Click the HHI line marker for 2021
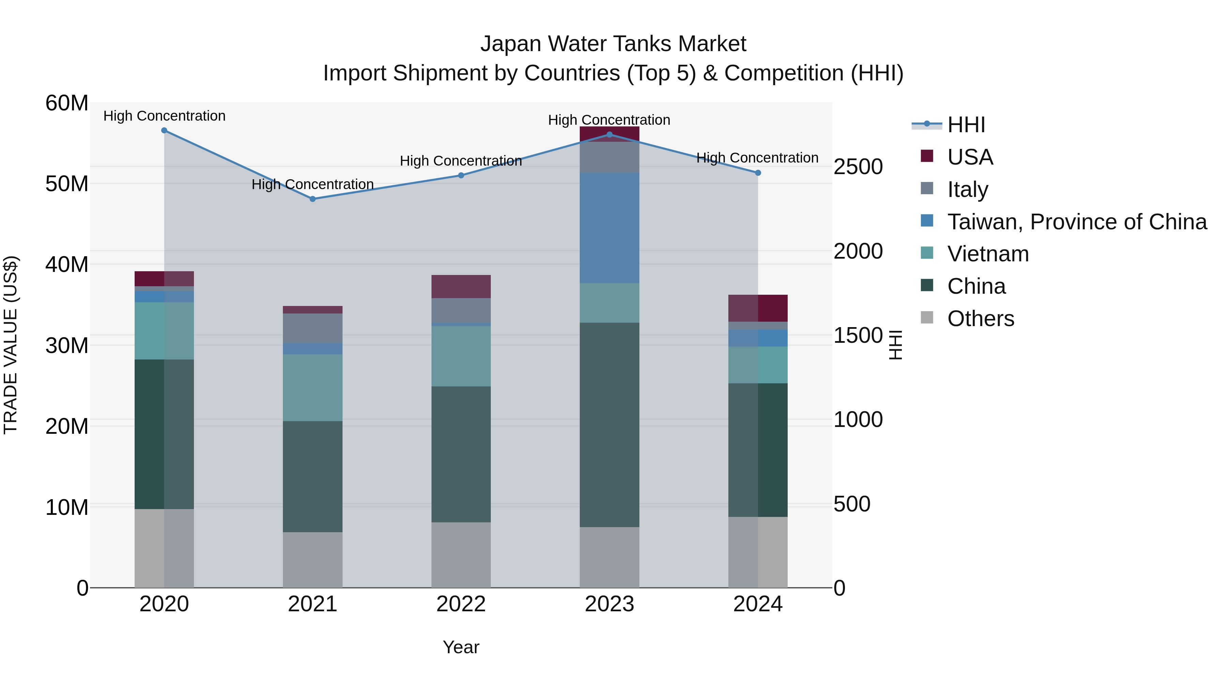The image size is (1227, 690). [x=313, y=199]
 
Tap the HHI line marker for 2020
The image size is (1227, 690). [x=164, y=131]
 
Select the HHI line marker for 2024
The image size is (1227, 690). [x=758, y=173]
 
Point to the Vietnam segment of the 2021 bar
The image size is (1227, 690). [x=313, y=388]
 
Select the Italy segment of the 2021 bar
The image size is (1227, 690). [x=313, y=328]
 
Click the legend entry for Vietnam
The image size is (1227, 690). [x=987, y=254]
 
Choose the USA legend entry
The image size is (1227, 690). [x=970, y=157]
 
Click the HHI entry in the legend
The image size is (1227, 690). [x=966, y=125]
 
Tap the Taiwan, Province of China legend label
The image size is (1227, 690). [x=1076, y=222]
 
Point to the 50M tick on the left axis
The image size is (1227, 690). [x=67, y=184]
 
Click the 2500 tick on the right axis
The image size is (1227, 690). [x=858, y=167]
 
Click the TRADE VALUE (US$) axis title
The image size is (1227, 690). [x=11, y=345]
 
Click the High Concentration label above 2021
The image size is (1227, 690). [x=313, y=184]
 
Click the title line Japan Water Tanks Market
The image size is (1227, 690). [x=613, y=44]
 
